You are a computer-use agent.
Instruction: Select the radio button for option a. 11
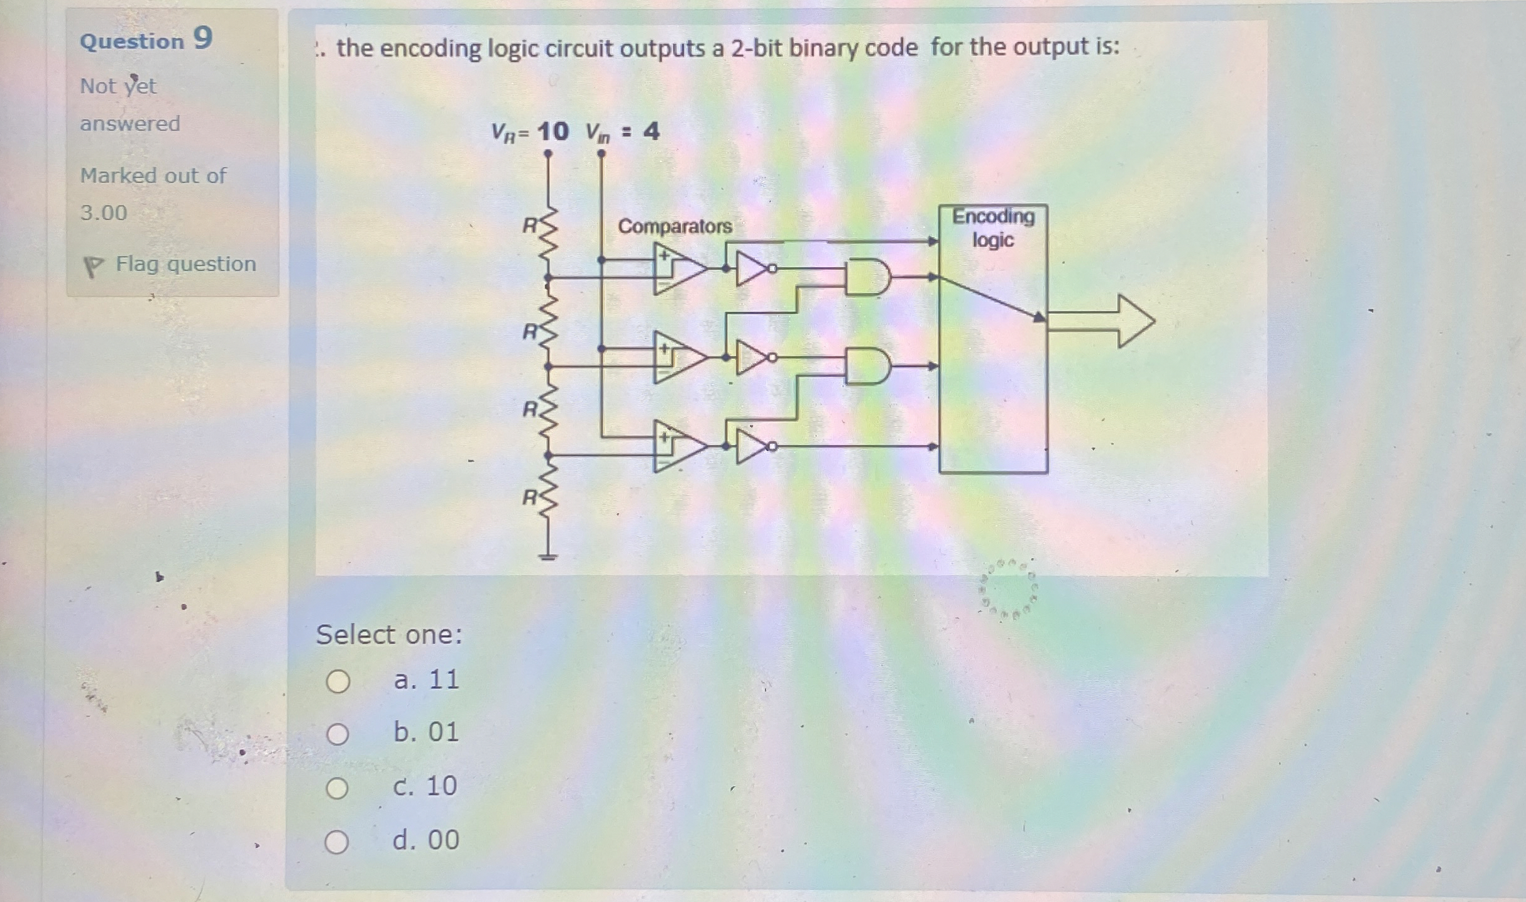tap(338, 681)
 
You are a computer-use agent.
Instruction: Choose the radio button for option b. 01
tap(338, 734)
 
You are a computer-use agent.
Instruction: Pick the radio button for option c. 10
tap(337, 788)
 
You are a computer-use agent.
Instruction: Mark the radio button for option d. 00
tap(336, 842)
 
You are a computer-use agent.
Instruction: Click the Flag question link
tap(185, 264)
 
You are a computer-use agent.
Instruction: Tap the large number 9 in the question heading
tap(202, 38)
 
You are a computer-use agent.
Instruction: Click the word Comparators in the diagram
tap(674, 226)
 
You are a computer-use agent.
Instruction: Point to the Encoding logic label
tap(992, 228)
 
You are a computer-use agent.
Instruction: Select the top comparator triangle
tap(679, 269)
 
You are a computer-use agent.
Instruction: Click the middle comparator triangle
tap(679, 358)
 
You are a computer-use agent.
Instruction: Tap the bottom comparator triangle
tap(679, 446)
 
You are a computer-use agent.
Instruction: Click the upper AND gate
tap(867, 277)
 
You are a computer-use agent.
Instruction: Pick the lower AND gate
tap(867, 366)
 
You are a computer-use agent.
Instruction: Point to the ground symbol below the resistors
tap(548, 556)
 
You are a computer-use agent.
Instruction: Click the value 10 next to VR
tap(552, 131)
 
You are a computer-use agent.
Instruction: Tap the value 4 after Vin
tap(651, 131)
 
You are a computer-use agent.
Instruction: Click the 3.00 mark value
tap(104, 212)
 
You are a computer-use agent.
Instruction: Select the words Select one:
tap(389, 635)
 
